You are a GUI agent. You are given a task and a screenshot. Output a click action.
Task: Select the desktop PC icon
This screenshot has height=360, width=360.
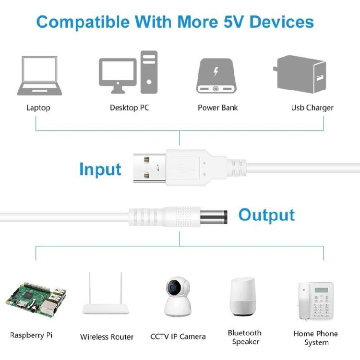tap(128, 72)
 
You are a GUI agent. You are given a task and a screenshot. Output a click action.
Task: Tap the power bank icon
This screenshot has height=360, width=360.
tap(217, 75)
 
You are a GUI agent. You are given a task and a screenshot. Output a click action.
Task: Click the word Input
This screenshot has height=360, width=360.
tap(100, 169)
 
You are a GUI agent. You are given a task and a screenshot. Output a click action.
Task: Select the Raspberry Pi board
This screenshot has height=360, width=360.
tap(36, 298)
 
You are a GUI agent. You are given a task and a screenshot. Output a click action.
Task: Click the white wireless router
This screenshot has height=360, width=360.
tap(107, 302)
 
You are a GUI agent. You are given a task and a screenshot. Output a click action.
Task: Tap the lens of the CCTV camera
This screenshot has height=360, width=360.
tap(172, 288)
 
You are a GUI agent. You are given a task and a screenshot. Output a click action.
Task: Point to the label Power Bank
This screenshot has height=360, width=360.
tap(217, 108)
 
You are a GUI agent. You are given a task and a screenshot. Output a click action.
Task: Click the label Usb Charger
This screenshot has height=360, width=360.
tap(312, 108)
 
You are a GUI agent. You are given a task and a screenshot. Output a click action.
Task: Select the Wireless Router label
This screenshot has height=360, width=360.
tap(107, 337)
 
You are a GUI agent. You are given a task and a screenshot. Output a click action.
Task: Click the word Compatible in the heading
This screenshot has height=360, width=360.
tap(82, 22)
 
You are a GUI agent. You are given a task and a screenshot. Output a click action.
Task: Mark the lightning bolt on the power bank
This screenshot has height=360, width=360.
tap(216, 72)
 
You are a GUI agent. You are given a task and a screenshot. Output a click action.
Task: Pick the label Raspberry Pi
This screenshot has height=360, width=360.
tap(31, 335)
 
